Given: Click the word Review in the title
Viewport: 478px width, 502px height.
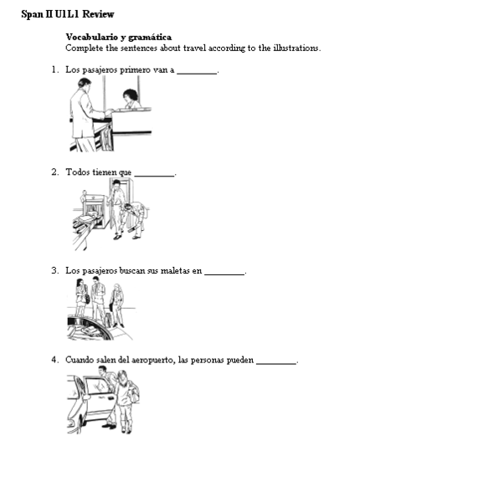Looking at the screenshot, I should pyautogui.click(x=99, y=14).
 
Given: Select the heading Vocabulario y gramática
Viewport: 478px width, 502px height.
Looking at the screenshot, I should pyautogui.click(x=118, y=37).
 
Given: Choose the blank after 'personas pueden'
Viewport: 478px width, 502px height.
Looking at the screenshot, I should pyautogui.click(x=276, y=362).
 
